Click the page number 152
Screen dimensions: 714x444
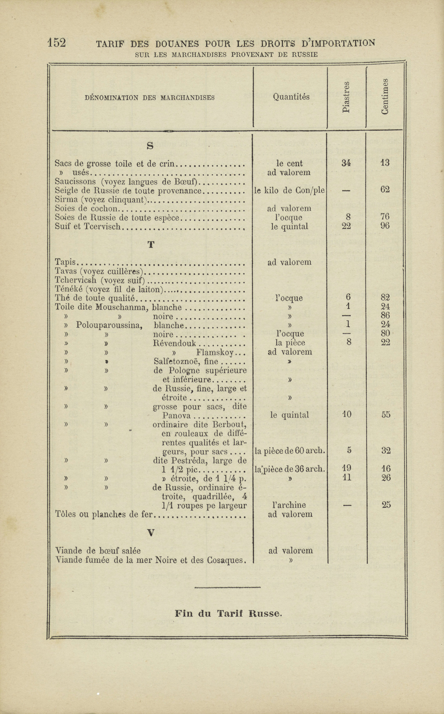(57, 43)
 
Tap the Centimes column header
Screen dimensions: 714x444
(385, 96)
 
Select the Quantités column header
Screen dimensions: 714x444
(291, 97)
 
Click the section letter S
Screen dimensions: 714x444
(150, 145)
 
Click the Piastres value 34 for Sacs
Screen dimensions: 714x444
(346, 163)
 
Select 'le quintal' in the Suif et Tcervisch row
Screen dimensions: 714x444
(290, 227)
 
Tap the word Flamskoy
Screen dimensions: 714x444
(215, 352)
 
